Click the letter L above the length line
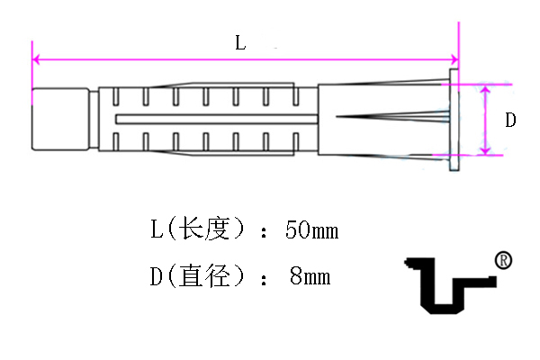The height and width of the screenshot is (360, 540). point(240,43)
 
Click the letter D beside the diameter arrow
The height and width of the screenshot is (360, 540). point(510,121)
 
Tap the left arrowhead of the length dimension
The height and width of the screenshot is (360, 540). point(36,59)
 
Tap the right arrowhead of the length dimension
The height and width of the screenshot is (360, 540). point(454,59)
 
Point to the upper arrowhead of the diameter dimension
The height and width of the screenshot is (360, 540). point(485,90)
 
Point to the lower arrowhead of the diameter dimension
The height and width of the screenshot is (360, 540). point(485,150)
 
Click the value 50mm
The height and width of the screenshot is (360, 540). point(312,229)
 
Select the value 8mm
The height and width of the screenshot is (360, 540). point(310,276)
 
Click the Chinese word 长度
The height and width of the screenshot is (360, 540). point(205,229)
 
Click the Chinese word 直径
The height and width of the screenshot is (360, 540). point(205,275)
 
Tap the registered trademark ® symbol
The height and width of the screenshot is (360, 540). point(503,260)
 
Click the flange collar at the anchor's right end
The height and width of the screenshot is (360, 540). point(454,120)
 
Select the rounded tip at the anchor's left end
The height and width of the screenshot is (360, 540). point(60,119)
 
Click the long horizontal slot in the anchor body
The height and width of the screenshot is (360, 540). point(217,119)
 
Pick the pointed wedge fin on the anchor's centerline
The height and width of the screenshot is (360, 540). point(393,116)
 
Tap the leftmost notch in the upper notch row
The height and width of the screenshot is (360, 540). point(116,96)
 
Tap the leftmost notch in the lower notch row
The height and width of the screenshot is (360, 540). point(116,141)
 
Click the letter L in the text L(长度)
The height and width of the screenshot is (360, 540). point(157,229)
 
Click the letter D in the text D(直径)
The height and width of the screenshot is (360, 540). point(156,276)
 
